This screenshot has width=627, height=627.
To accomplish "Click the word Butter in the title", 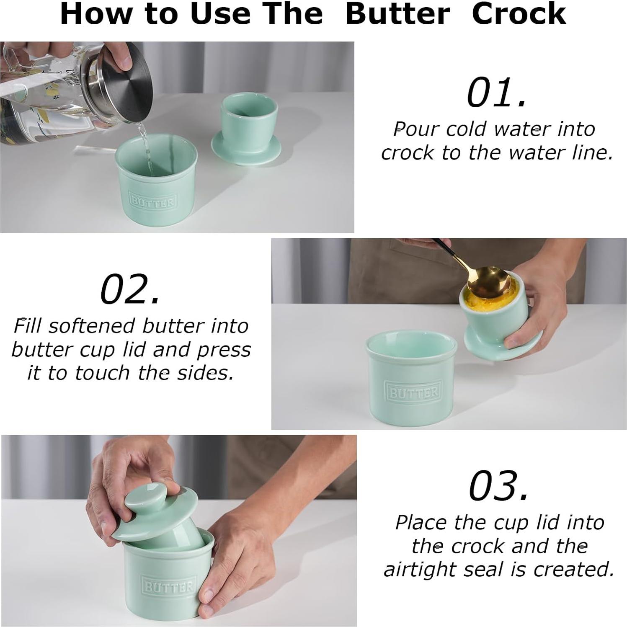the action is [x=397, y=14].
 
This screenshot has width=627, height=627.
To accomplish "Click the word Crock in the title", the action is [x=519, y=14].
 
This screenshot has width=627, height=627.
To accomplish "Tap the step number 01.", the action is [x=496, y=93].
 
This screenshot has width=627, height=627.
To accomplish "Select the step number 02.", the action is [x=130, y=289].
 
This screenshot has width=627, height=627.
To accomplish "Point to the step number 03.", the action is [x=499, y=486].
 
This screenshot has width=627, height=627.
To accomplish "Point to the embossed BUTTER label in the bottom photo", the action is [x=169, y=586].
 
